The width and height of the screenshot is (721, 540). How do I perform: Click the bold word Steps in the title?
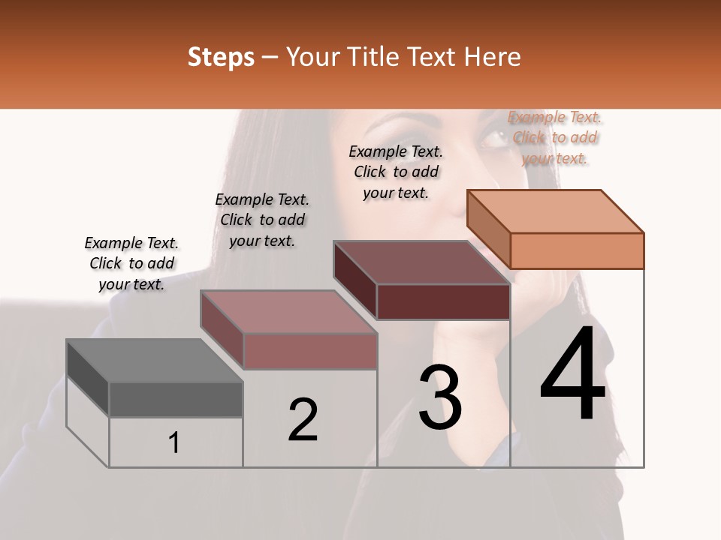click(221, 57)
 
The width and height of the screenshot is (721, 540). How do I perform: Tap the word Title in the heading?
click(373, 57)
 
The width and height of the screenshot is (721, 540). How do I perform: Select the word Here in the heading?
click(491, 57)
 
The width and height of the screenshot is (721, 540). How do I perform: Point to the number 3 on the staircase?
click(440, 397)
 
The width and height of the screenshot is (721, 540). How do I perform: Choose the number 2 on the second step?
click(303, 420)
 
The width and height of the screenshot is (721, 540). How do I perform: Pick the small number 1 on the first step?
click(174, 443)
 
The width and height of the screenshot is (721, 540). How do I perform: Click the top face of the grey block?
click(154, 361)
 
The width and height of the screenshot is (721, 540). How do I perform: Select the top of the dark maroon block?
click(422, 262)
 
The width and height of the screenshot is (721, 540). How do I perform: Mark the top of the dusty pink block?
click(288, 312)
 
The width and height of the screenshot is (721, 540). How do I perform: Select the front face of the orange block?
click(577, 250)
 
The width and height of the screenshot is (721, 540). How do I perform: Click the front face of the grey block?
click(176, 399)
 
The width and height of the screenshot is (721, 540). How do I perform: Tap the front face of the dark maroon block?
click(443, 301)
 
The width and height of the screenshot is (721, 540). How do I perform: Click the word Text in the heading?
click(437, 57)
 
